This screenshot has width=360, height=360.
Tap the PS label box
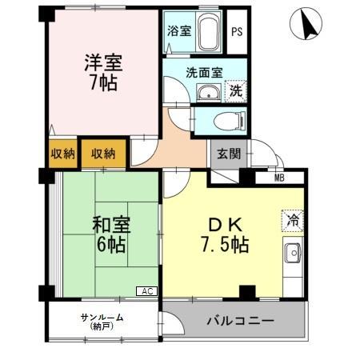pyautogui.click(x=236, y=32)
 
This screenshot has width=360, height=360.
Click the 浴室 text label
pyautogui.click(x=178, y=32)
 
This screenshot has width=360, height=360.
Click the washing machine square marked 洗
pyautogui.click(x=236, y=90)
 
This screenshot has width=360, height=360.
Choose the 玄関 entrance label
pyautogui.click(x=225, y=154)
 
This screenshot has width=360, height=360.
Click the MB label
pyautogui.click(x=279, y=178)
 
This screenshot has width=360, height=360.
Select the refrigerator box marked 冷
pyautogui.click(x=293, y=218)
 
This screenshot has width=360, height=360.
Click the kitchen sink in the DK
pyautogui.click(x=293, y=255)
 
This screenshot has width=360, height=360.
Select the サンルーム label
pyautogui.click(x=102, y=320)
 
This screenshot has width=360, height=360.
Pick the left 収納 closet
pyautogui.click(x=62, y=154)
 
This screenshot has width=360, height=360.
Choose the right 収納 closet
pyautogui.click(x=102, y=154)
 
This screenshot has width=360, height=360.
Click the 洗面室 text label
pyautogui.click(x=200, y=72)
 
